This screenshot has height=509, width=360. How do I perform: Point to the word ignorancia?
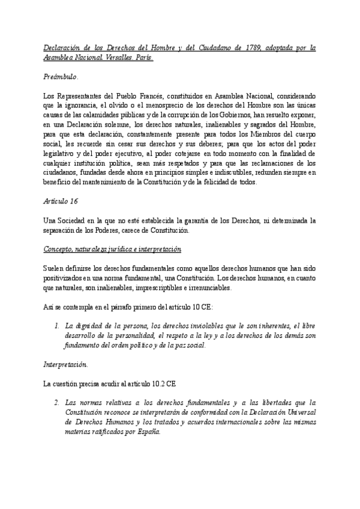point(75,104)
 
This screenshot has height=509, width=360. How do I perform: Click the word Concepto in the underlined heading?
point(59,249)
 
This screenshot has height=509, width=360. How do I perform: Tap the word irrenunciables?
point(206,287)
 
